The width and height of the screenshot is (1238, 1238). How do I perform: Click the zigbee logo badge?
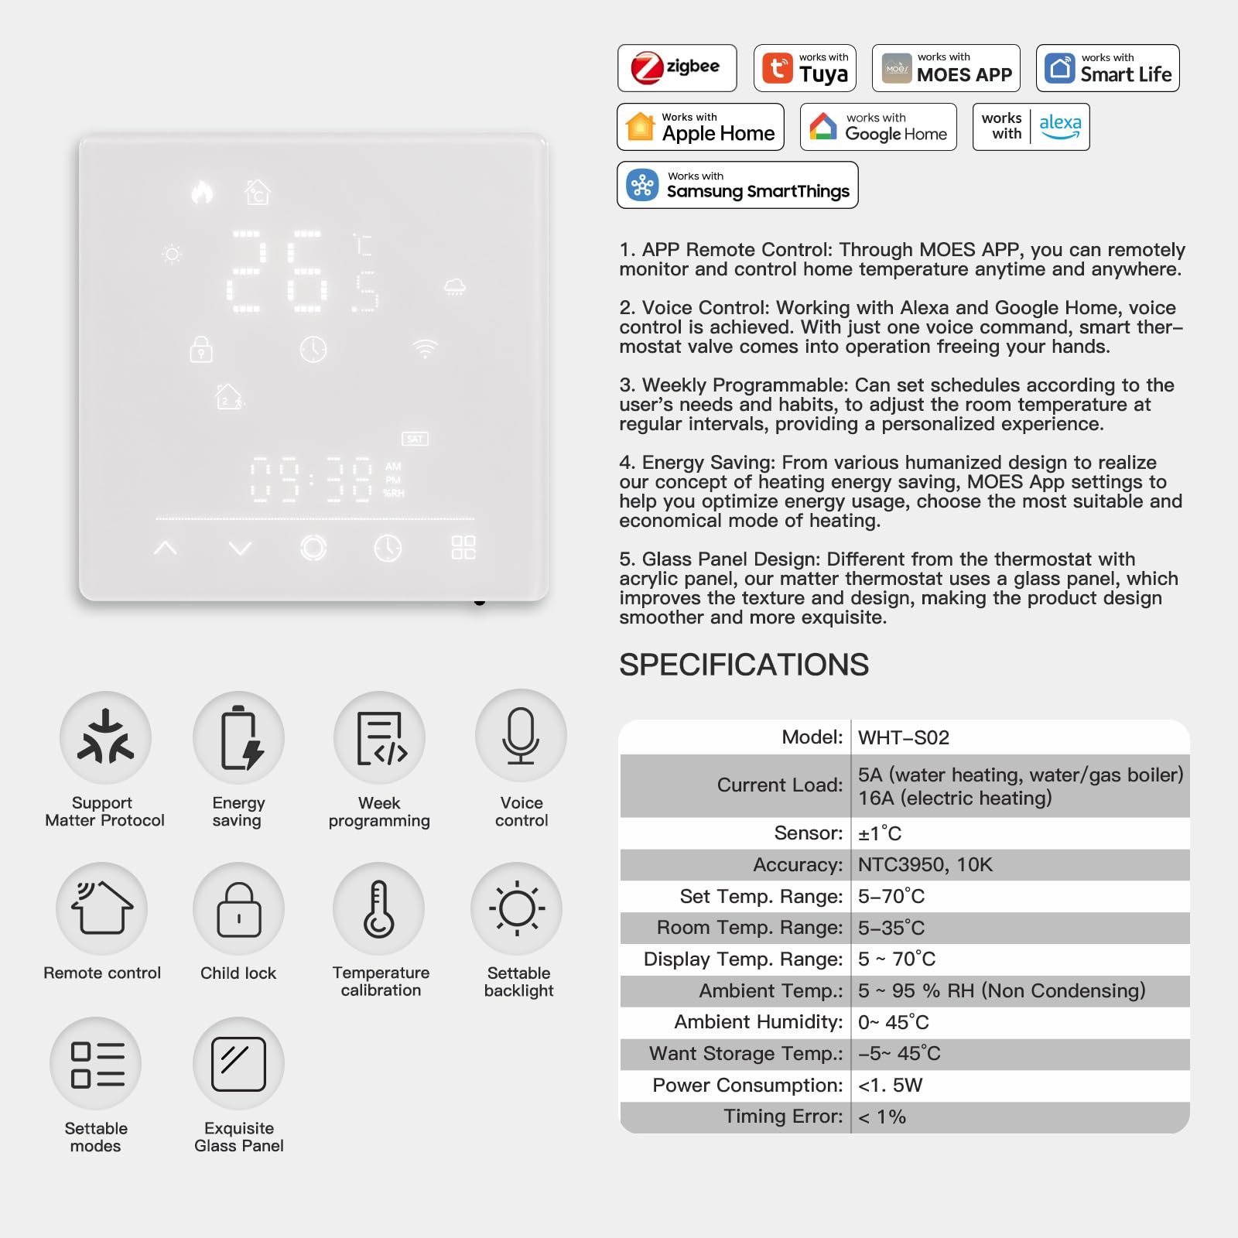click(676, 68)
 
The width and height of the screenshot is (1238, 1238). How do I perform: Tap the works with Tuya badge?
click(805, 68)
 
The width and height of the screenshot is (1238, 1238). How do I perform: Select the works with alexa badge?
click(1031, 127)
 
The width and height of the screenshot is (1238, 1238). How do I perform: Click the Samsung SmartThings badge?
click(737, 185)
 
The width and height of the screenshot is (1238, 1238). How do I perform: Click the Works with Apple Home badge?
click(700, 127)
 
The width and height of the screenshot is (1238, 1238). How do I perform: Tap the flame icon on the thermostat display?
click(202, 192)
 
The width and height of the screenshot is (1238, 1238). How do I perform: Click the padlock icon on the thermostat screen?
click(201, 349)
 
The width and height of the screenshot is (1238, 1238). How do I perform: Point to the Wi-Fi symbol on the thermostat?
click(425, 349)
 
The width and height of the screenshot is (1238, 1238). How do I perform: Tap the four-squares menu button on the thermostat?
click(463, 548)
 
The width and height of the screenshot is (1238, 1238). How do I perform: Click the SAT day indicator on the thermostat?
click(416, 439)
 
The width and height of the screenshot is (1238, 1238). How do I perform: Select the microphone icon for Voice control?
click(521, 736)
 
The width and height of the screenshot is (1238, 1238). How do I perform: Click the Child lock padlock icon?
click(238, 909)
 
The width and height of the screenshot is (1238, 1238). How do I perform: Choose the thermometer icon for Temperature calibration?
click(379, 909)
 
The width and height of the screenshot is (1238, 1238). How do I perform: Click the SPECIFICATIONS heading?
click(744, 665)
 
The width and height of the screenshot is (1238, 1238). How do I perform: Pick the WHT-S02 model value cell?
click(903, 737)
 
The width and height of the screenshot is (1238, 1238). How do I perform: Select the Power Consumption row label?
click(747, 1085)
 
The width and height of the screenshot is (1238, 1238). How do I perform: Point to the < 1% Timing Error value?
click(881, 1117)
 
